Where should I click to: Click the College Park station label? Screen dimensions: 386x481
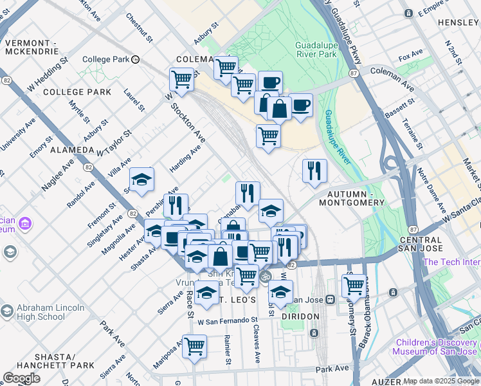coord(106,59)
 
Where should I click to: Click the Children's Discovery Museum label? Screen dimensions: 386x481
coord(436,347)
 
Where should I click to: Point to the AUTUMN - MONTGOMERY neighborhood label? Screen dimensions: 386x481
coord(356,198)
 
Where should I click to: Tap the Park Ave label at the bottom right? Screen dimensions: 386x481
coord(332,369)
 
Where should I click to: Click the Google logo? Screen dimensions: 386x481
coord(22,378)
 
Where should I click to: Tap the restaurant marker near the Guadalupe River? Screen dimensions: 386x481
coord(314,171)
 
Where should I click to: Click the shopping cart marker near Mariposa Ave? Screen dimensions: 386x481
coord(194,346)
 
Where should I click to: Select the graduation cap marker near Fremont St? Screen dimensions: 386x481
coord(142,179)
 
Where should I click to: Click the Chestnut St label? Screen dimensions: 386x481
coord(140,28)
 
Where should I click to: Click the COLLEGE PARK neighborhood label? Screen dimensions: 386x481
coord(77,92)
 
